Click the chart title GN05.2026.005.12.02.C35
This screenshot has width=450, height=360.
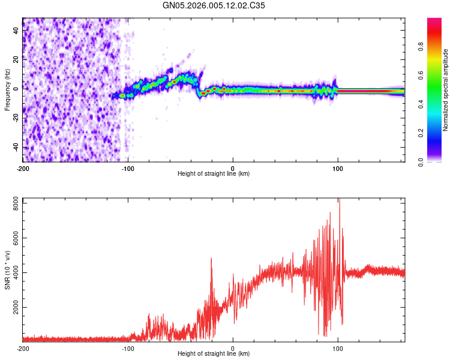pyautogui.click(x=214, y=5)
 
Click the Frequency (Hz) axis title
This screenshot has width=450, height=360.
pyautogui.click(x=7, y=90)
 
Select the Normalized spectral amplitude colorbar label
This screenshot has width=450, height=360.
pyautogui.click(x=446, y=90)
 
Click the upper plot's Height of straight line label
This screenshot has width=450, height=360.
pyautogui.click(x=214, y=173)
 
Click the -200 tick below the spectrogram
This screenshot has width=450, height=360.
pyautogui.click(x=23, y=168)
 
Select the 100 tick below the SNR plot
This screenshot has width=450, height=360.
pyautogui.click(x=338, y=348)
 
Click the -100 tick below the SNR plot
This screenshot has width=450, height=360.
pyautogui.click(x=128, y=348)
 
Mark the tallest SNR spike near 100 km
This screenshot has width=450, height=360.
pyautogui.click(x=339, y=200)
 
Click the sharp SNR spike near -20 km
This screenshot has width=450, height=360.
pyautogui.click(x=211, y=259)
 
